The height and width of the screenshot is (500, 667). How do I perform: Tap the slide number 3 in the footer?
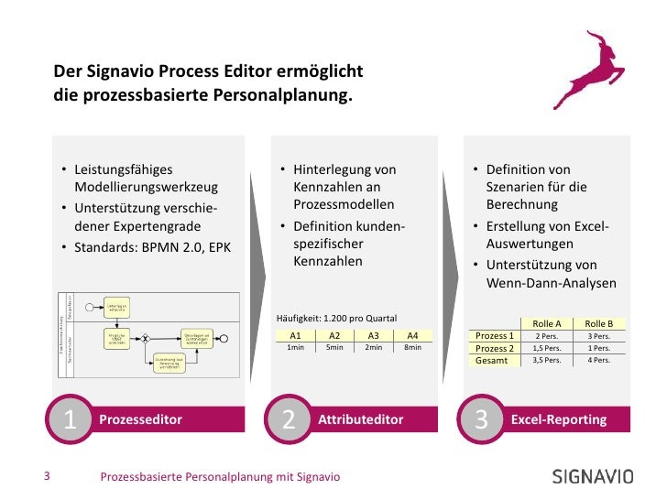[48, 476]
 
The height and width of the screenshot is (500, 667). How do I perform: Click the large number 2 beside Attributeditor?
[290, 419]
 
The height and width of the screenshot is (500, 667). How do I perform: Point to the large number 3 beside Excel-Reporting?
[482, 419]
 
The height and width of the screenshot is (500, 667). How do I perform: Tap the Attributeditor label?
[361, 419]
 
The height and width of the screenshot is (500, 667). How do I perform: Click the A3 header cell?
[373, 336]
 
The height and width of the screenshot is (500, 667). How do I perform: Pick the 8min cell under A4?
[412, 348]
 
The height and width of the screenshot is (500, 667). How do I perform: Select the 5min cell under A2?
[334, 348]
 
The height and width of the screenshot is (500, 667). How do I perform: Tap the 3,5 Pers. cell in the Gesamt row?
[547, 361]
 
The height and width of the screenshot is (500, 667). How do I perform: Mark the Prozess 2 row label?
[495, 348]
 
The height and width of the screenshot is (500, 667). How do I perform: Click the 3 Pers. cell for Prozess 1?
[599, 336]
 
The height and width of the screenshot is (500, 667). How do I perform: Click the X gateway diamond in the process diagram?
[144, 338]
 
